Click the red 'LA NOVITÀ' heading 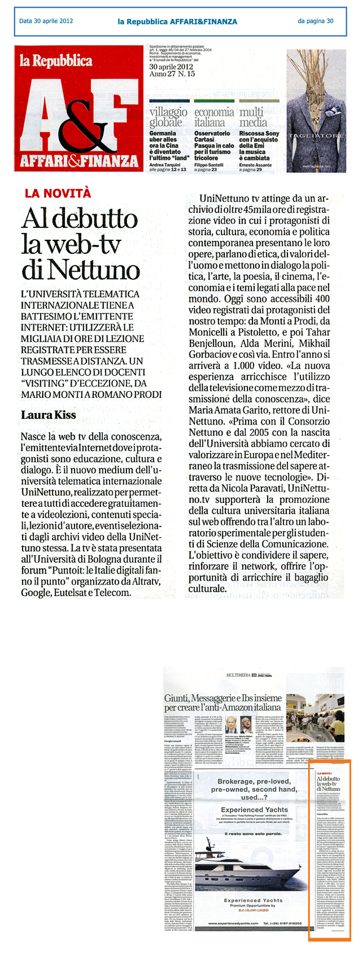click(x=58, y=193)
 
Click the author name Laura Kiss click(x=48, y=415)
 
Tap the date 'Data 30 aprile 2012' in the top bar click(x=46, y=21)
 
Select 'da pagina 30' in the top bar click(x=315, y=21)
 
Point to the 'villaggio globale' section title click(x=168, y=117)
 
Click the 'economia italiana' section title click(x=214, y=117)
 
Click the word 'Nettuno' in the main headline click(x=81, y=270)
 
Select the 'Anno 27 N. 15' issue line click(x=172, y=74)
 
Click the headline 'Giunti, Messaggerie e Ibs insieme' click(x=223, y=698)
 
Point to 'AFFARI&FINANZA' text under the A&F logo click(x=79, y=162)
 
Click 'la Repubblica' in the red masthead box click(x=56, y=61)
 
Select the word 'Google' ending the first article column click(x=37, y=592)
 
